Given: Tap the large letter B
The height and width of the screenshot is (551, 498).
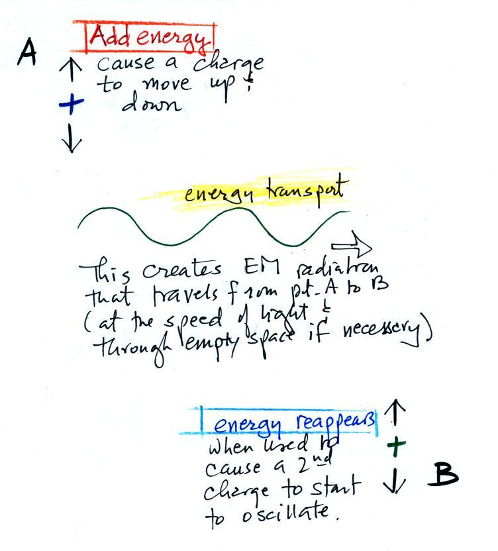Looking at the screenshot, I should pos(446,474).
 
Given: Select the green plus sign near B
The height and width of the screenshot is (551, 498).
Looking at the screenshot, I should pos(395,446).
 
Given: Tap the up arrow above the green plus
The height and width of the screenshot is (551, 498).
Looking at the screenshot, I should pos(395,413).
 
